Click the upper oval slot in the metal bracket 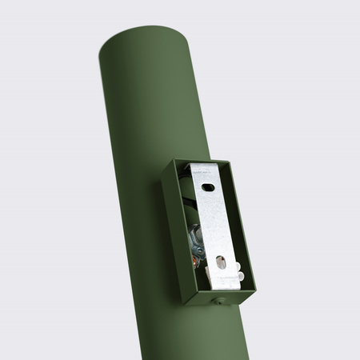tap(207, 187)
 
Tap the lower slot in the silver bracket tap(221, 261)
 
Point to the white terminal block tap(228, 277)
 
